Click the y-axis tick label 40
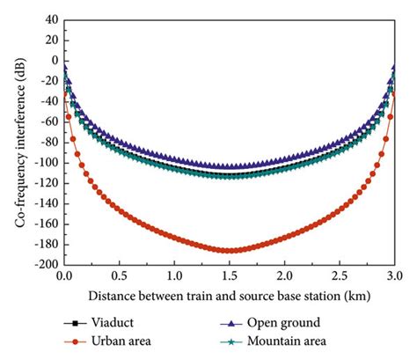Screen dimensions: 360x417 click(48, 19)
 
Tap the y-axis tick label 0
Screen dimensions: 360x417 click(52, 61)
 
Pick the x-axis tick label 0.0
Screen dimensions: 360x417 click(64, 276)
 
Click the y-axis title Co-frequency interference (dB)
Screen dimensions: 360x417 click(18, 141)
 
